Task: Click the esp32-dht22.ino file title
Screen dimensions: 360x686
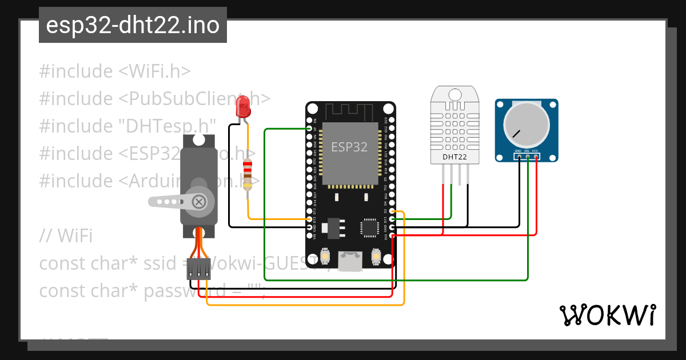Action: (x=133, y=26)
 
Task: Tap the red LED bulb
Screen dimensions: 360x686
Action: (x=243, y=107)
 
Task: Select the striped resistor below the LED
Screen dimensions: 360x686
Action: (x=248, y=174)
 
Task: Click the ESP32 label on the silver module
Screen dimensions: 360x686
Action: (x=349, y=146)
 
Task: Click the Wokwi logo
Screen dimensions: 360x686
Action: (x=607, y=315)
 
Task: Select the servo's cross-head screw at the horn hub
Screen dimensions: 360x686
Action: (x=199, y=201)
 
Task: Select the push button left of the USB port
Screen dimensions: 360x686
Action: (x=325, y=257)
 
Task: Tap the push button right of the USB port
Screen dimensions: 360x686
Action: (x=376, y=257)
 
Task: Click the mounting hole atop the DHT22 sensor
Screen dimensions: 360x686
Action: (x=456, y=94)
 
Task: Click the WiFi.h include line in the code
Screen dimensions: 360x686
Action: (x=115, y=71)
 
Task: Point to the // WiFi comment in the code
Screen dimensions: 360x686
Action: (x=66, y=235)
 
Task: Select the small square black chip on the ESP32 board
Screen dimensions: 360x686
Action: (x=369, y=228)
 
